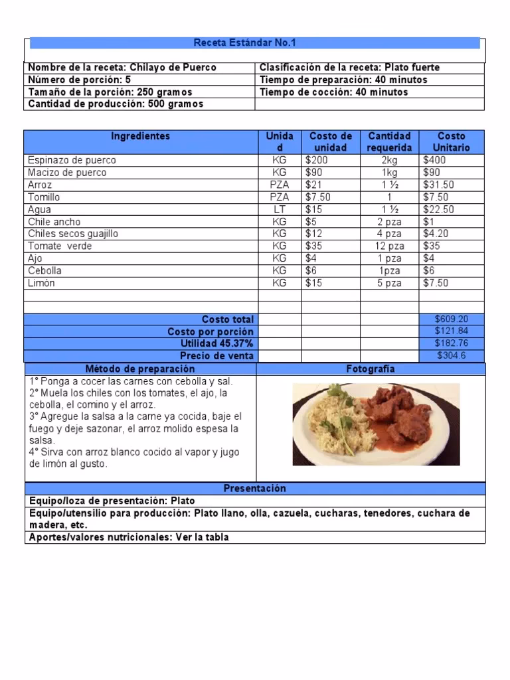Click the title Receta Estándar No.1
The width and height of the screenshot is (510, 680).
(x=244, y=43)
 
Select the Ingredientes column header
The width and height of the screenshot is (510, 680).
(x=140, y=136)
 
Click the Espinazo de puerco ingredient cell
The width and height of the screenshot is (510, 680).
(x=72, y=160)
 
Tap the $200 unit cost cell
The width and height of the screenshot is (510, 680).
(x=317, y=160)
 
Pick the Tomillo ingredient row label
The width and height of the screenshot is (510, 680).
(x=44, y=197)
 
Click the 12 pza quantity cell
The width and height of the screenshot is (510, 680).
(x=390, y=246)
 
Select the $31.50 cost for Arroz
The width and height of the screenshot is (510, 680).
(x=438, y=185)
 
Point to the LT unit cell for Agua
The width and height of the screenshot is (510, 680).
(x=280, y=209)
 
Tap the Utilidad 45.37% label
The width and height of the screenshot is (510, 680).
(x=217, y=343)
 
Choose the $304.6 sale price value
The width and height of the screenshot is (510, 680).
(x=452, y=356)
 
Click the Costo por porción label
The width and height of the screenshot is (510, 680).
(x=211, y=331)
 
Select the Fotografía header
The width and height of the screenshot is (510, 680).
(x=371, y=369)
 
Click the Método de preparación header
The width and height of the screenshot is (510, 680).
(x=140, y=369)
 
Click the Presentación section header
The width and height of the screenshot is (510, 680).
(x=254, y=489)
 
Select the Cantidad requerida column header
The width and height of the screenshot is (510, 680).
(x=390, y=141)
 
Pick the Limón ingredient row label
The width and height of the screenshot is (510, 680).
(x=41, y=283)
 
